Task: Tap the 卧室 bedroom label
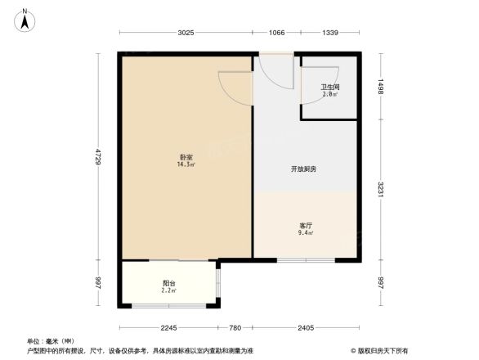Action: [186, 156]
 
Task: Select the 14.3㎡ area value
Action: [186, 164]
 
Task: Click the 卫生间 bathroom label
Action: [329, 87]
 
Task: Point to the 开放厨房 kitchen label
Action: [303, 169]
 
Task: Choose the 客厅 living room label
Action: [304, 225]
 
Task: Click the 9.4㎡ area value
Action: [305, 233]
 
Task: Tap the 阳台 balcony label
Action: [168, 283]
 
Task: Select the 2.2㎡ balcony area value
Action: [168, 291]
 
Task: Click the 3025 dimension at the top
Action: [186, 33]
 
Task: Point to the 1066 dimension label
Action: [277, 33]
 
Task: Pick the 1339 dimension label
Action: [329, 33]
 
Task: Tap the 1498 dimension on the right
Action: [382, 88]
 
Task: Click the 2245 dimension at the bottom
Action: [169, 328]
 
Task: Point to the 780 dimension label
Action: [235, 328]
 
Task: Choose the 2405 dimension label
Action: [306, 328]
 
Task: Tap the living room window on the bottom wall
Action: [305, 260]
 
